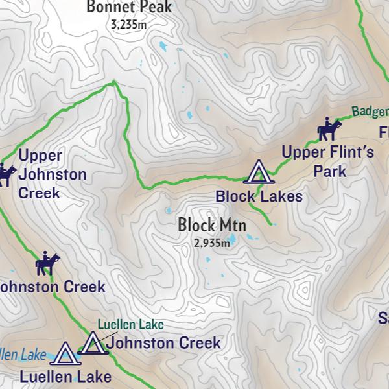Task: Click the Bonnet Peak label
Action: click(130, 8)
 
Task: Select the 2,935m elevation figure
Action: click(211, 244)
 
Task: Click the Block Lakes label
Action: click(259, 196)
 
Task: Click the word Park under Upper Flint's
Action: click(329, 172)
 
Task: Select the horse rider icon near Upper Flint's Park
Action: click(328, 130)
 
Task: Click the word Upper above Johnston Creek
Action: click(40, 156)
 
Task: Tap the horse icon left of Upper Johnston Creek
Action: click(6, 175)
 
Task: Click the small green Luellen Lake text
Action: click(130, 325)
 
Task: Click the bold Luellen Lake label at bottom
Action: click(65, 376)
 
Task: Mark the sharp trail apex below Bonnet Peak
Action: click(114, 82)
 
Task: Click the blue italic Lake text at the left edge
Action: click(32, 355)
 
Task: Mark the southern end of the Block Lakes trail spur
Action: click(272, 224)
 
